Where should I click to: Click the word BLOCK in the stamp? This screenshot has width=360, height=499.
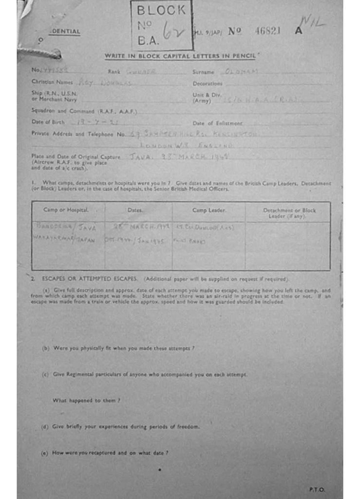pos(161,10)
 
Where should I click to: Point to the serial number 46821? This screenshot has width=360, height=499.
pos(267,31)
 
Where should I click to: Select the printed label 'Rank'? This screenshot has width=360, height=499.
pos(114,72)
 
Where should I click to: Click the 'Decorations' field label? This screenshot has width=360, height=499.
pos(207,83)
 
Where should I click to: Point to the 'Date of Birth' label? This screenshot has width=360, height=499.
pos(48,122)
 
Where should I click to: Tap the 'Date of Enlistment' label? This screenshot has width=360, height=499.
pos(217,123)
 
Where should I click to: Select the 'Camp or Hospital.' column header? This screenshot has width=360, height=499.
pos(66,210)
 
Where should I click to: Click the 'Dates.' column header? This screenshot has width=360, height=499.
pos(135,210)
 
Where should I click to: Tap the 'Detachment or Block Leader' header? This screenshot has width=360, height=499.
pos(289,213)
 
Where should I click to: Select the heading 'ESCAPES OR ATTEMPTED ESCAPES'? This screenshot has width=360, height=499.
pos(92,279)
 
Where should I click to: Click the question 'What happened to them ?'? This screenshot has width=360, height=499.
pos(86,400)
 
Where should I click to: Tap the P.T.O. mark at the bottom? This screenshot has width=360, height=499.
pos(316,489)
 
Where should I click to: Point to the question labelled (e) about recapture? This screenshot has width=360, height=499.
pos(105,453)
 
